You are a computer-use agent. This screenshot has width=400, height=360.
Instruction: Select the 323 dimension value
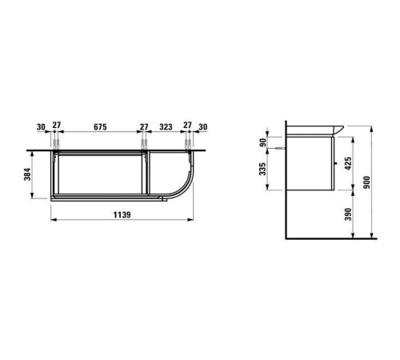coord(166,126)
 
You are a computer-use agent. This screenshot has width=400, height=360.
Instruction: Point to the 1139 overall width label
coord(121,214)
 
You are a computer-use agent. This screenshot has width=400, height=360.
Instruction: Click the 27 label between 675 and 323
coord(144,126)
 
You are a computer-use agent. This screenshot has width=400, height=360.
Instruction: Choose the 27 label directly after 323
coord(186,126)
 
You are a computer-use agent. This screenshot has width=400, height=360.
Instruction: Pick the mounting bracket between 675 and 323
coord(144,145)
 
